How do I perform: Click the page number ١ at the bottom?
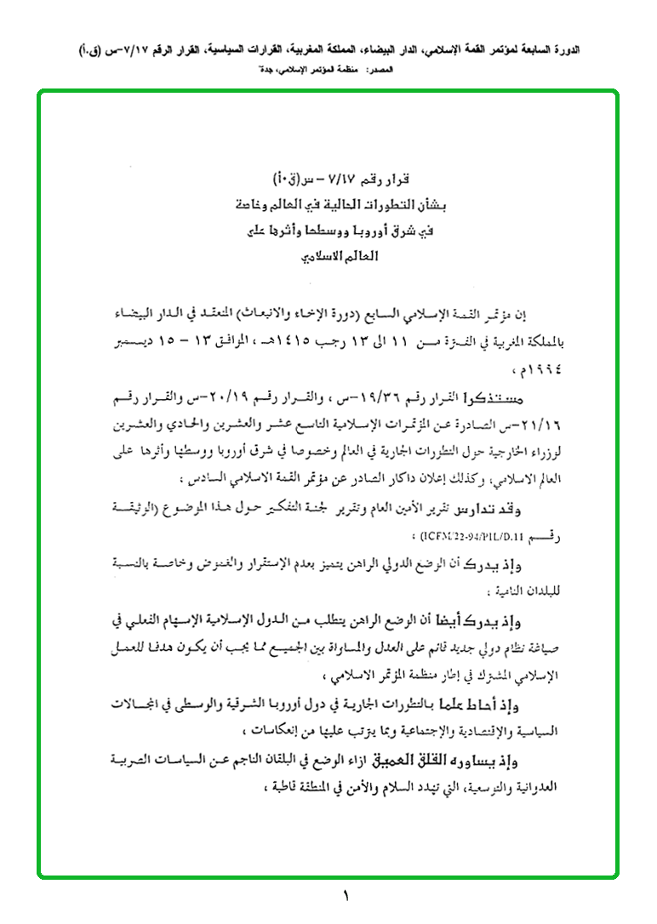click(346, 896)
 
